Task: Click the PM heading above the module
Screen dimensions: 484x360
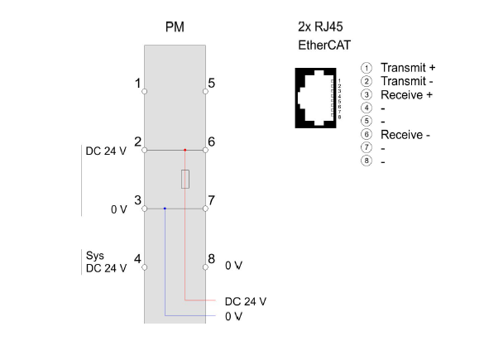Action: point(175,27)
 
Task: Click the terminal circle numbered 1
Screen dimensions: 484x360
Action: point(145,91)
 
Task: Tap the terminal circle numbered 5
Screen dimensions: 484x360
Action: point(205,91)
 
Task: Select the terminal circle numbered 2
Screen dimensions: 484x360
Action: point(145,150)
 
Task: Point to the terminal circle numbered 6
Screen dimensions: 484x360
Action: point(205,150)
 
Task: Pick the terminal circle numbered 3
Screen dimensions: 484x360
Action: point(145,209)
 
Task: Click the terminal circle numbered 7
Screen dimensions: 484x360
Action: point(205,209)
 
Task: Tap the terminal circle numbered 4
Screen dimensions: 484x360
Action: point(145,267)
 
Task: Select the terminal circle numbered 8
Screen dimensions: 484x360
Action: point(205,267)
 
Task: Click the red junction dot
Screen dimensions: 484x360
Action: point(184,150)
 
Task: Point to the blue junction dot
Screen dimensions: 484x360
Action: point(165,209)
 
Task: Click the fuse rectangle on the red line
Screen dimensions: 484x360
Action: point(185,179)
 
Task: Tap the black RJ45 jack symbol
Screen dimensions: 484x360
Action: point(315,98)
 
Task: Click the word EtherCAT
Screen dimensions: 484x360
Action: point(324,46)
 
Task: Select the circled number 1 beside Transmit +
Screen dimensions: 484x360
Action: point(367,68)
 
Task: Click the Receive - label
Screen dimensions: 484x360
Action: point(405,135)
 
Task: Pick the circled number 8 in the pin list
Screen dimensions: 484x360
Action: point(367,161)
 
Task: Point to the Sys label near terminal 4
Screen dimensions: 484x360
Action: point(95,256)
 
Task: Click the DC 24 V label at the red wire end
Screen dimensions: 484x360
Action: point(246,301)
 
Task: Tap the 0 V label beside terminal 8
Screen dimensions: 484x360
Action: point(233,266)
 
